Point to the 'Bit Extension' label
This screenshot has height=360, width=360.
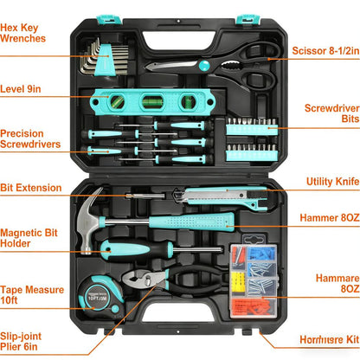click(32, 188)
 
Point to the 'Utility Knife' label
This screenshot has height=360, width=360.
click(332, 182)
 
